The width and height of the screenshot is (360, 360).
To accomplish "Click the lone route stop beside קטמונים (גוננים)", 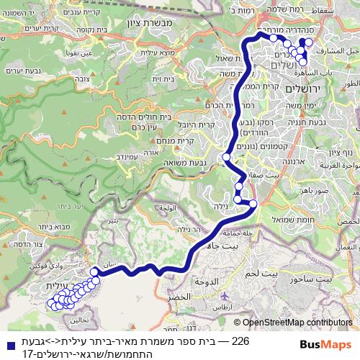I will [x=226, y=156].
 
